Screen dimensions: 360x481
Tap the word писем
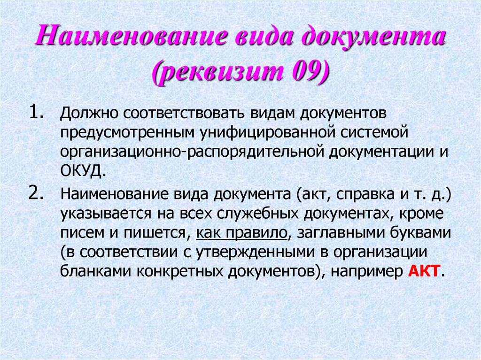(79, 233)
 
